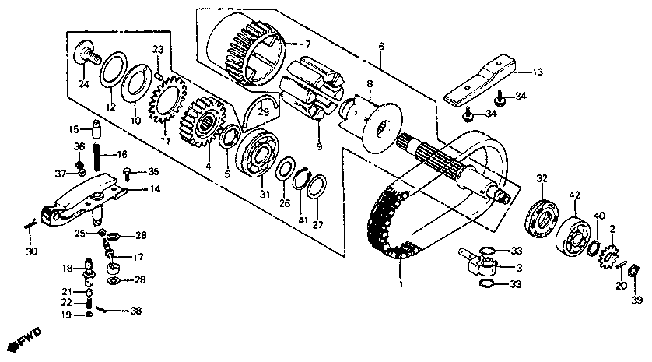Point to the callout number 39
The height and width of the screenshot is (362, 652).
pos(636,300)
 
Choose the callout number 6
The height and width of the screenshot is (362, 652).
pos(381,47)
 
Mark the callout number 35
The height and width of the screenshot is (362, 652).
pos(153,172)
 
